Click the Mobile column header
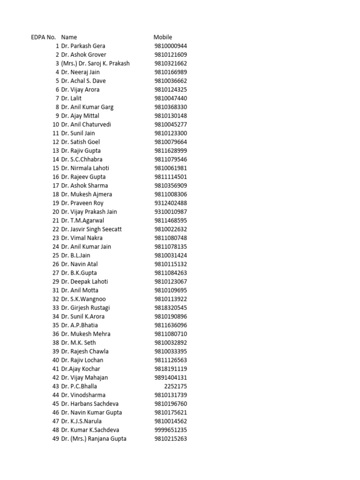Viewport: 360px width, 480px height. pos(163,37)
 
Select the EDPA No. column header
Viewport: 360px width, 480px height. pos(44,37)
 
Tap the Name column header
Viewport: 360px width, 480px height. pos(69,37)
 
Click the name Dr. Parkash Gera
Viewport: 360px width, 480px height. pos(83,46)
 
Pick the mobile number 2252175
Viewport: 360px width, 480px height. pos(175,386)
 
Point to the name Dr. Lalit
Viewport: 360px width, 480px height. pos(71,98)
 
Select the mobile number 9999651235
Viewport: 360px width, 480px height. pos(171,430)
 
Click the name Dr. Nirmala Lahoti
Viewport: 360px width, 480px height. pos(85,168)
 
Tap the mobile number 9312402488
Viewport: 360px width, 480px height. pos(171,203)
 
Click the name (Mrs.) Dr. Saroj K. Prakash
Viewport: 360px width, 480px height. pos(95,63)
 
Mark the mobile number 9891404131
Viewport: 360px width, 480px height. pos(171,377)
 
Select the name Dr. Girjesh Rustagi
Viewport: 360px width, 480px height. pos(85,307)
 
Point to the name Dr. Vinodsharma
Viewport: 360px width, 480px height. pos(83,395)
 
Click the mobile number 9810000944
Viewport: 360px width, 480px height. pos(171,46)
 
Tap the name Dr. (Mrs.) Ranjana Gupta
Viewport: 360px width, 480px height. pos(94,439)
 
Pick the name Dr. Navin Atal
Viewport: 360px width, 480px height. pos(79,264)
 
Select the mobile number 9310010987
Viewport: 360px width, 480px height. pos(171,212)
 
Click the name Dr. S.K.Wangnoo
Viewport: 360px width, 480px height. pos(83,299)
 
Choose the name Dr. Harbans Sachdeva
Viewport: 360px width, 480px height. pos(90,404)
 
